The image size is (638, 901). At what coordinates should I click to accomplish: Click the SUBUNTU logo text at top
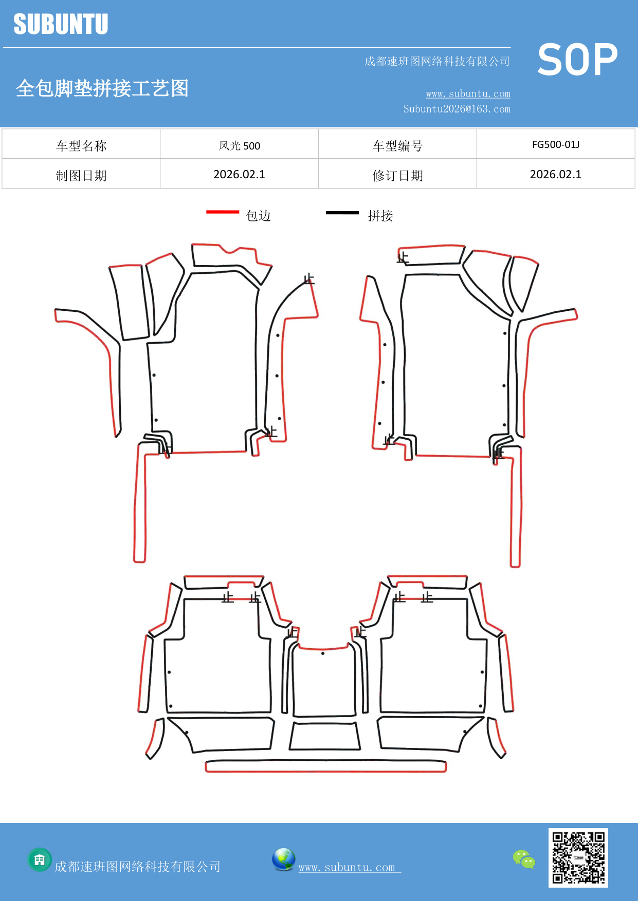click(61, 24)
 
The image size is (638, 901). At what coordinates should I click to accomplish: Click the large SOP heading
click(577, 60)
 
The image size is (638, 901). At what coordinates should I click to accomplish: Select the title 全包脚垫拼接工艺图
click(102, 88)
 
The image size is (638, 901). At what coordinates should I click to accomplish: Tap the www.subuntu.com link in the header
click(468, 94)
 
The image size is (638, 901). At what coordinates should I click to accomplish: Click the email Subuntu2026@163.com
click(457, 109)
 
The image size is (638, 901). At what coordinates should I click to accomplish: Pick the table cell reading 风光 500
click(239, 145)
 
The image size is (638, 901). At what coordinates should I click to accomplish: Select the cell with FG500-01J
click(555, 144)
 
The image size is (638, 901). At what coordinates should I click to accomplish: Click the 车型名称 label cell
click(81, 145)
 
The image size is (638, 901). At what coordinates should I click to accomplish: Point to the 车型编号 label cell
click(397, 145)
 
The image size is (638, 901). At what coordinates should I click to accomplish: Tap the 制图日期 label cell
click(81, 175)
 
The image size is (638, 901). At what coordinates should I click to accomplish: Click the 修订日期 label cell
click(397, 175)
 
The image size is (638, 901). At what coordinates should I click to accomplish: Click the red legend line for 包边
click(223, 212)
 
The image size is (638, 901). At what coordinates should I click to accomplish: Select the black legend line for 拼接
click(342, 212)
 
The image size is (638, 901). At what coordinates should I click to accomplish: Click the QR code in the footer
click(578, 857)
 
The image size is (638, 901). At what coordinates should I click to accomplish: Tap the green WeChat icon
click(524, 859)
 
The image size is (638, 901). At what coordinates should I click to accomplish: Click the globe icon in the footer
click(283, 859)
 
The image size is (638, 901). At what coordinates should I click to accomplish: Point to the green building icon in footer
click(40, 859)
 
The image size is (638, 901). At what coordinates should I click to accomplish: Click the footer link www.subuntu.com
click(347, 868)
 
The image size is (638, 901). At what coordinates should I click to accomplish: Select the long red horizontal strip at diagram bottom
click(325, 767)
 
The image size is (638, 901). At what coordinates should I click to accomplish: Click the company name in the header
click(437, 62)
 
